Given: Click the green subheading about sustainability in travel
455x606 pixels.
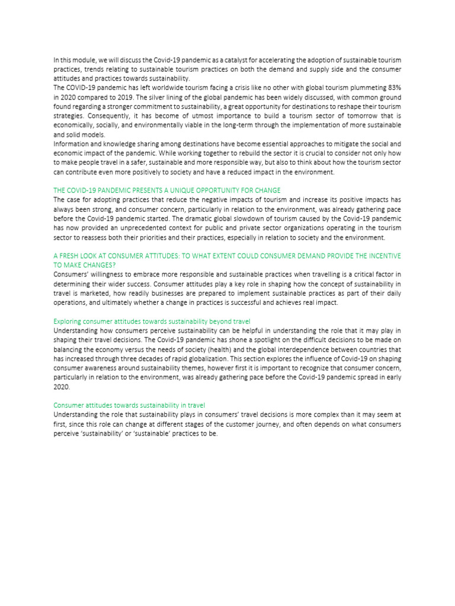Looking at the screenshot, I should coord(129,405).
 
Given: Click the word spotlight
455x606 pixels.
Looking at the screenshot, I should coord(256,340).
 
